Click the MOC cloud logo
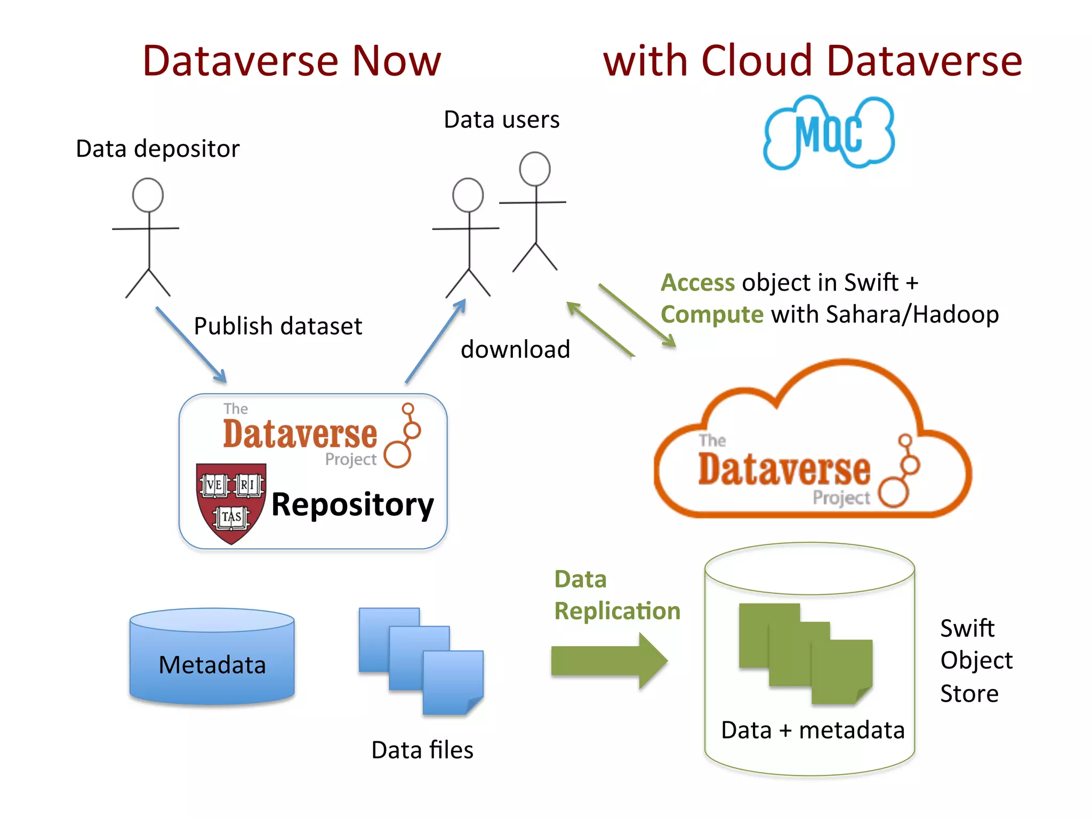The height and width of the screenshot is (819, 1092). [829, 132]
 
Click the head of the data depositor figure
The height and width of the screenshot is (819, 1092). [148, 195]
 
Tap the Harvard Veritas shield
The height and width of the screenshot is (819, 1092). [231, 502]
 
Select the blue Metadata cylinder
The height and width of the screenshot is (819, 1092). [212, 657]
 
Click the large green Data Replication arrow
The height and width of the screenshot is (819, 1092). [608, 661]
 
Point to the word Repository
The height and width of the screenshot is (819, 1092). [352, 504]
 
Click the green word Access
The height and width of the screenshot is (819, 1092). [697, 283]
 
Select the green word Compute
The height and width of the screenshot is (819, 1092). [712, 315]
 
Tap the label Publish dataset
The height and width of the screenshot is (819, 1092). [278, 326]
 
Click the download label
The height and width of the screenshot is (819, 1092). [515, 350]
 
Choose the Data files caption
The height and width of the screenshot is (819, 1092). [422, 750]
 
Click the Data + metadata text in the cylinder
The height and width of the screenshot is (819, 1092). [812, 730]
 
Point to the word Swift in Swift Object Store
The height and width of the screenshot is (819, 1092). [967, 628]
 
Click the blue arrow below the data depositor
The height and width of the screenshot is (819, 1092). [191, 344]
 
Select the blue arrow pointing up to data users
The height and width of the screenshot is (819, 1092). [436, 341]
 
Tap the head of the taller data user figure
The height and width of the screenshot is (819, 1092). [535, 169]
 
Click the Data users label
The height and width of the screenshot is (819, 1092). [501, 120]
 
